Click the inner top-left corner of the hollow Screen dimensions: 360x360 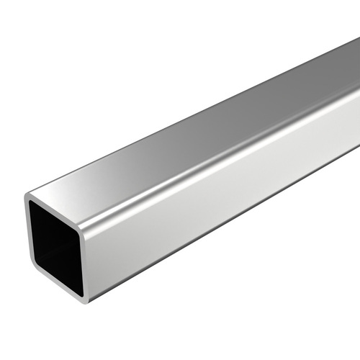click(32, 204)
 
